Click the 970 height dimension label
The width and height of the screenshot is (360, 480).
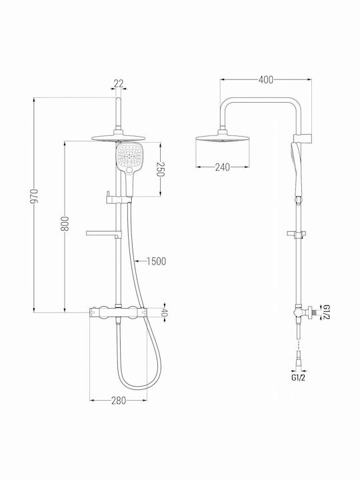point(34,197)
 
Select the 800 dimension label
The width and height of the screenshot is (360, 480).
point(65,224)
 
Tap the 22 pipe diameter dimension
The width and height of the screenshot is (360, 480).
point(119,83)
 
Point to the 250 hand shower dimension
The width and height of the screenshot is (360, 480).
point(161,169)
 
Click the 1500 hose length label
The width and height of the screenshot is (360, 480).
point(157,261)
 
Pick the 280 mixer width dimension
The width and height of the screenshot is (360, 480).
point(118,401)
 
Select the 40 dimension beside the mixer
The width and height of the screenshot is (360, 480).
point(165,313)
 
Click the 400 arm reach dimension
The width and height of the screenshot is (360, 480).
point(266,79)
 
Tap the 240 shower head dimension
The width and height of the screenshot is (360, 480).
point(222,167)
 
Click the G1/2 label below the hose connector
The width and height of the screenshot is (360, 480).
point(298,378)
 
